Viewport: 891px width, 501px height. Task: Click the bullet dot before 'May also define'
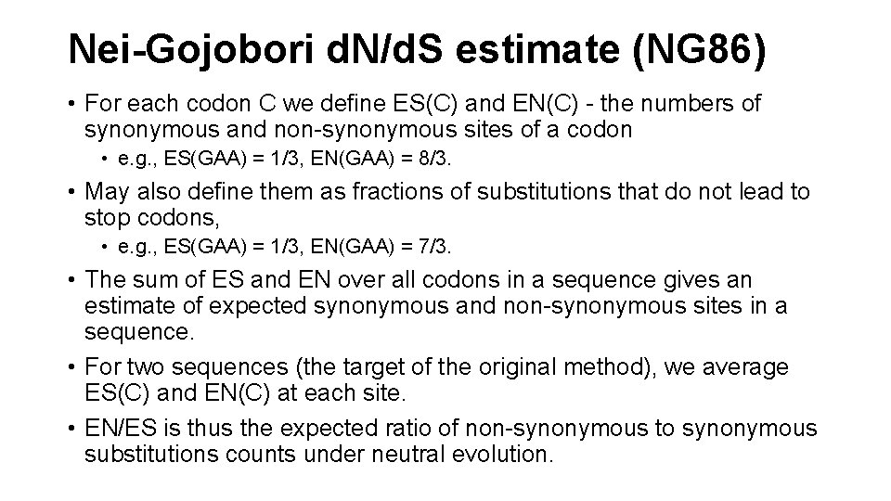[x=71, y=193]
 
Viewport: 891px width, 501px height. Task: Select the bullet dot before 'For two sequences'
[x=71, y=368]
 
